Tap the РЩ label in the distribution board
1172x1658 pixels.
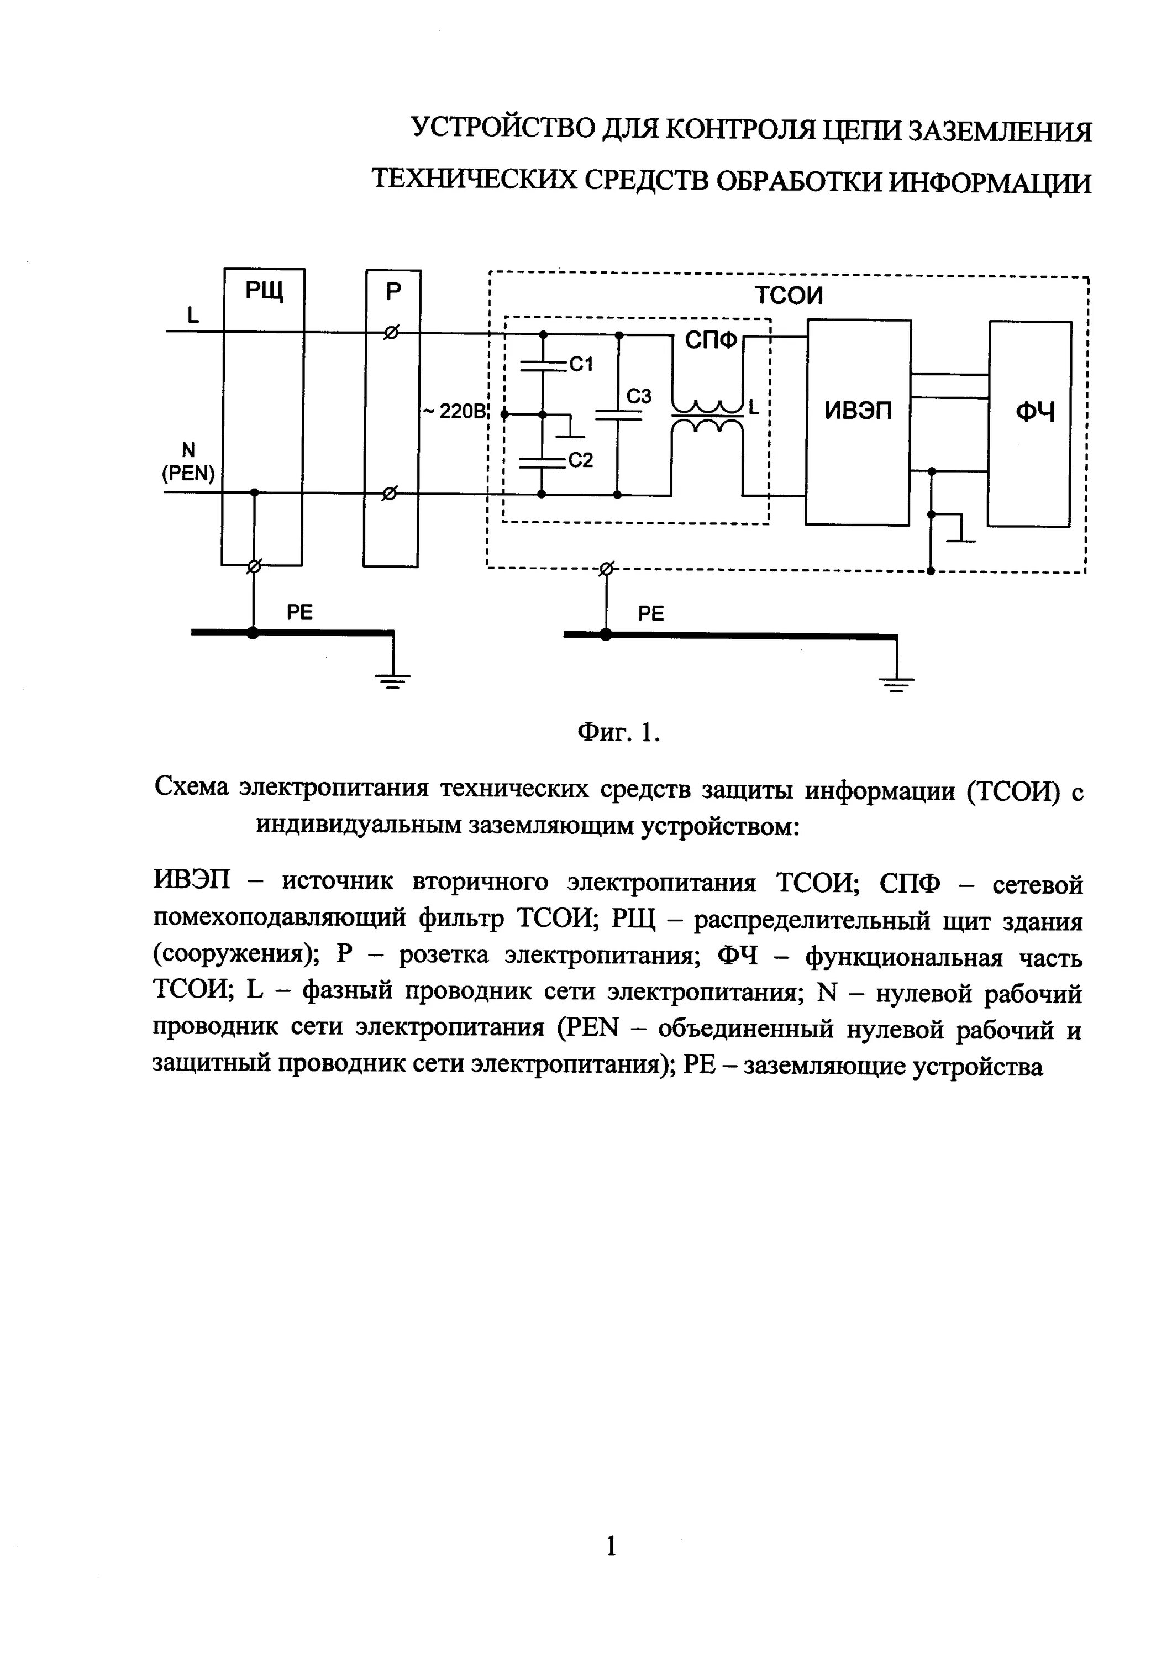click(264, 291)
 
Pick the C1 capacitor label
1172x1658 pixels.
click(581, 365)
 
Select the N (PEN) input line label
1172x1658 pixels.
click(188, 462)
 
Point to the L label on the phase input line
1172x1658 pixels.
click(193, 315)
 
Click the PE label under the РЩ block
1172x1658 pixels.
click(299, 612)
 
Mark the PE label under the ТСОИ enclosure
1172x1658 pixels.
click(650, 614)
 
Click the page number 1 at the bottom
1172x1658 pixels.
click(611, 1545)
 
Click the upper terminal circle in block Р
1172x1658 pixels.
click(391, 333)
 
